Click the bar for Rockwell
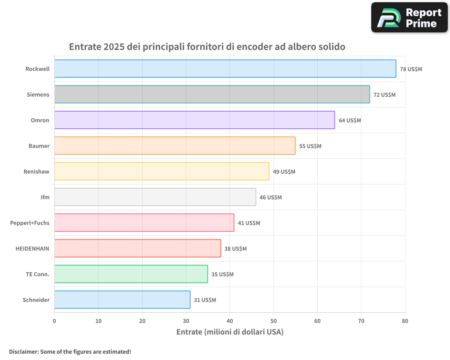coord(225,69)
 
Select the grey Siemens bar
coord(212,94)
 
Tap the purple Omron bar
coord(194,120)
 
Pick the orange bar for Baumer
coord(175,146)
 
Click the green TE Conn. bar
coord(131,274)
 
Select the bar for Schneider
coord(122,300)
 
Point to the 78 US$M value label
coord(411,69)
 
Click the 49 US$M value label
coord(284,172)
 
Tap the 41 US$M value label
coord(249,223)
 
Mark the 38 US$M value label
coord(235,249)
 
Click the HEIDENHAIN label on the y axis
coord(32,248)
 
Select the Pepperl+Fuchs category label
coord(30,223)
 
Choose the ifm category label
coord(45,197)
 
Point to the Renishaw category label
coord(36,171)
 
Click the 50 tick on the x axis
coord(274,321)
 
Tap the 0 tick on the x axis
coord(54,321)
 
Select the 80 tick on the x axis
coord(405,321)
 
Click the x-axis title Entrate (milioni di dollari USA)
coord(229,332)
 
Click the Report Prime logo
coord(409,18)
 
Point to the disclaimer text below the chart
coord(70,351)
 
